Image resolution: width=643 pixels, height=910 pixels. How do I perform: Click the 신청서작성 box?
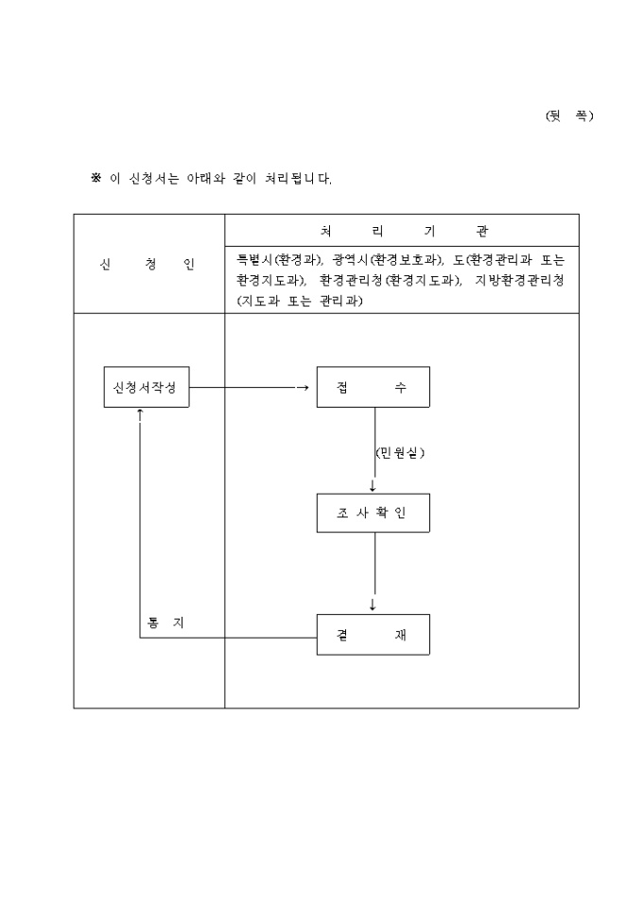point(146,387)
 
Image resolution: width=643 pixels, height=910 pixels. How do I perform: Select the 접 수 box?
point(373,387)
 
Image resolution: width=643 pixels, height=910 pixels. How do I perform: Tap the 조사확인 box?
point(373,513)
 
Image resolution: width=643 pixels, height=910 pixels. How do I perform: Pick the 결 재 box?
point(373,635)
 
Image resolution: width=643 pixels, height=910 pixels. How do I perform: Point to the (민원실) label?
point(400,453)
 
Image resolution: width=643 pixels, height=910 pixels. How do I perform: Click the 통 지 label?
point(165,621)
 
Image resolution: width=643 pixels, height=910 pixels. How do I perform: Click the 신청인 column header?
point(148,264)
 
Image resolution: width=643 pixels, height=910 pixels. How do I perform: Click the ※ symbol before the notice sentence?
point(96,178)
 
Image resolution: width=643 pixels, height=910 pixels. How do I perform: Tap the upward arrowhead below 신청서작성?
point(140,413)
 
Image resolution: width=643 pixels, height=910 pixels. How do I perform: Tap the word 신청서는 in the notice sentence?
point(155,178)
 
